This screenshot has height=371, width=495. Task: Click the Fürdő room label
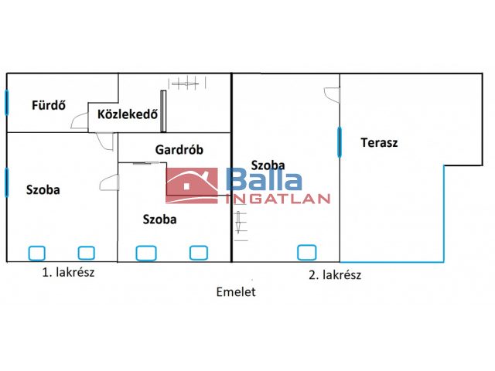tap(47, 104)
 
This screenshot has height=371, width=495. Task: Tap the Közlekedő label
tap(128, 115)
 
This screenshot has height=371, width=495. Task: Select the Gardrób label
tap(179, 150)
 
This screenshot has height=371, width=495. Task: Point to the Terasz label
tap(379, 142)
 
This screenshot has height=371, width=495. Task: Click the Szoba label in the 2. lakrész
tap(268, 165)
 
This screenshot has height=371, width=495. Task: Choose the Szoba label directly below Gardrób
tap(159, 219)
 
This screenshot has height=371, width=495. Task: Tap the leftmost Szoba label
tap(43, 189)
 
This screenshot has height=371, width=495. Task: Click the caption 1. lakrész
tap(69, 272)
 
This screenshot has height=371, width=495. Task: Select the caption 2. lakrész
tap(335, 274)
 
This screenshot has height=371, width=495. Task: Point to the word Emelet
tap(236, 292)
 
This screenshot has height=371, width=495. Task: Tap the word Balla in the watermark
tap(264, 181)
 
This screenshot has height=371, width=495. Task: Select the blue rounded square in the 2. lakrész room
tap(306, 252)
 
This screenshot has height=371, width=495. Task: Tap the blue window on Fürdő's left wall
tap(7, 102)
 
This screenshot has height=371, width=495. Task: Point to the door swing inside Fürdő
tap(79, 121)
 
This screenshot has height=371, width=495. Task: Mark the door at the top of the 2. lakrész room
tap(332, 94)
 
